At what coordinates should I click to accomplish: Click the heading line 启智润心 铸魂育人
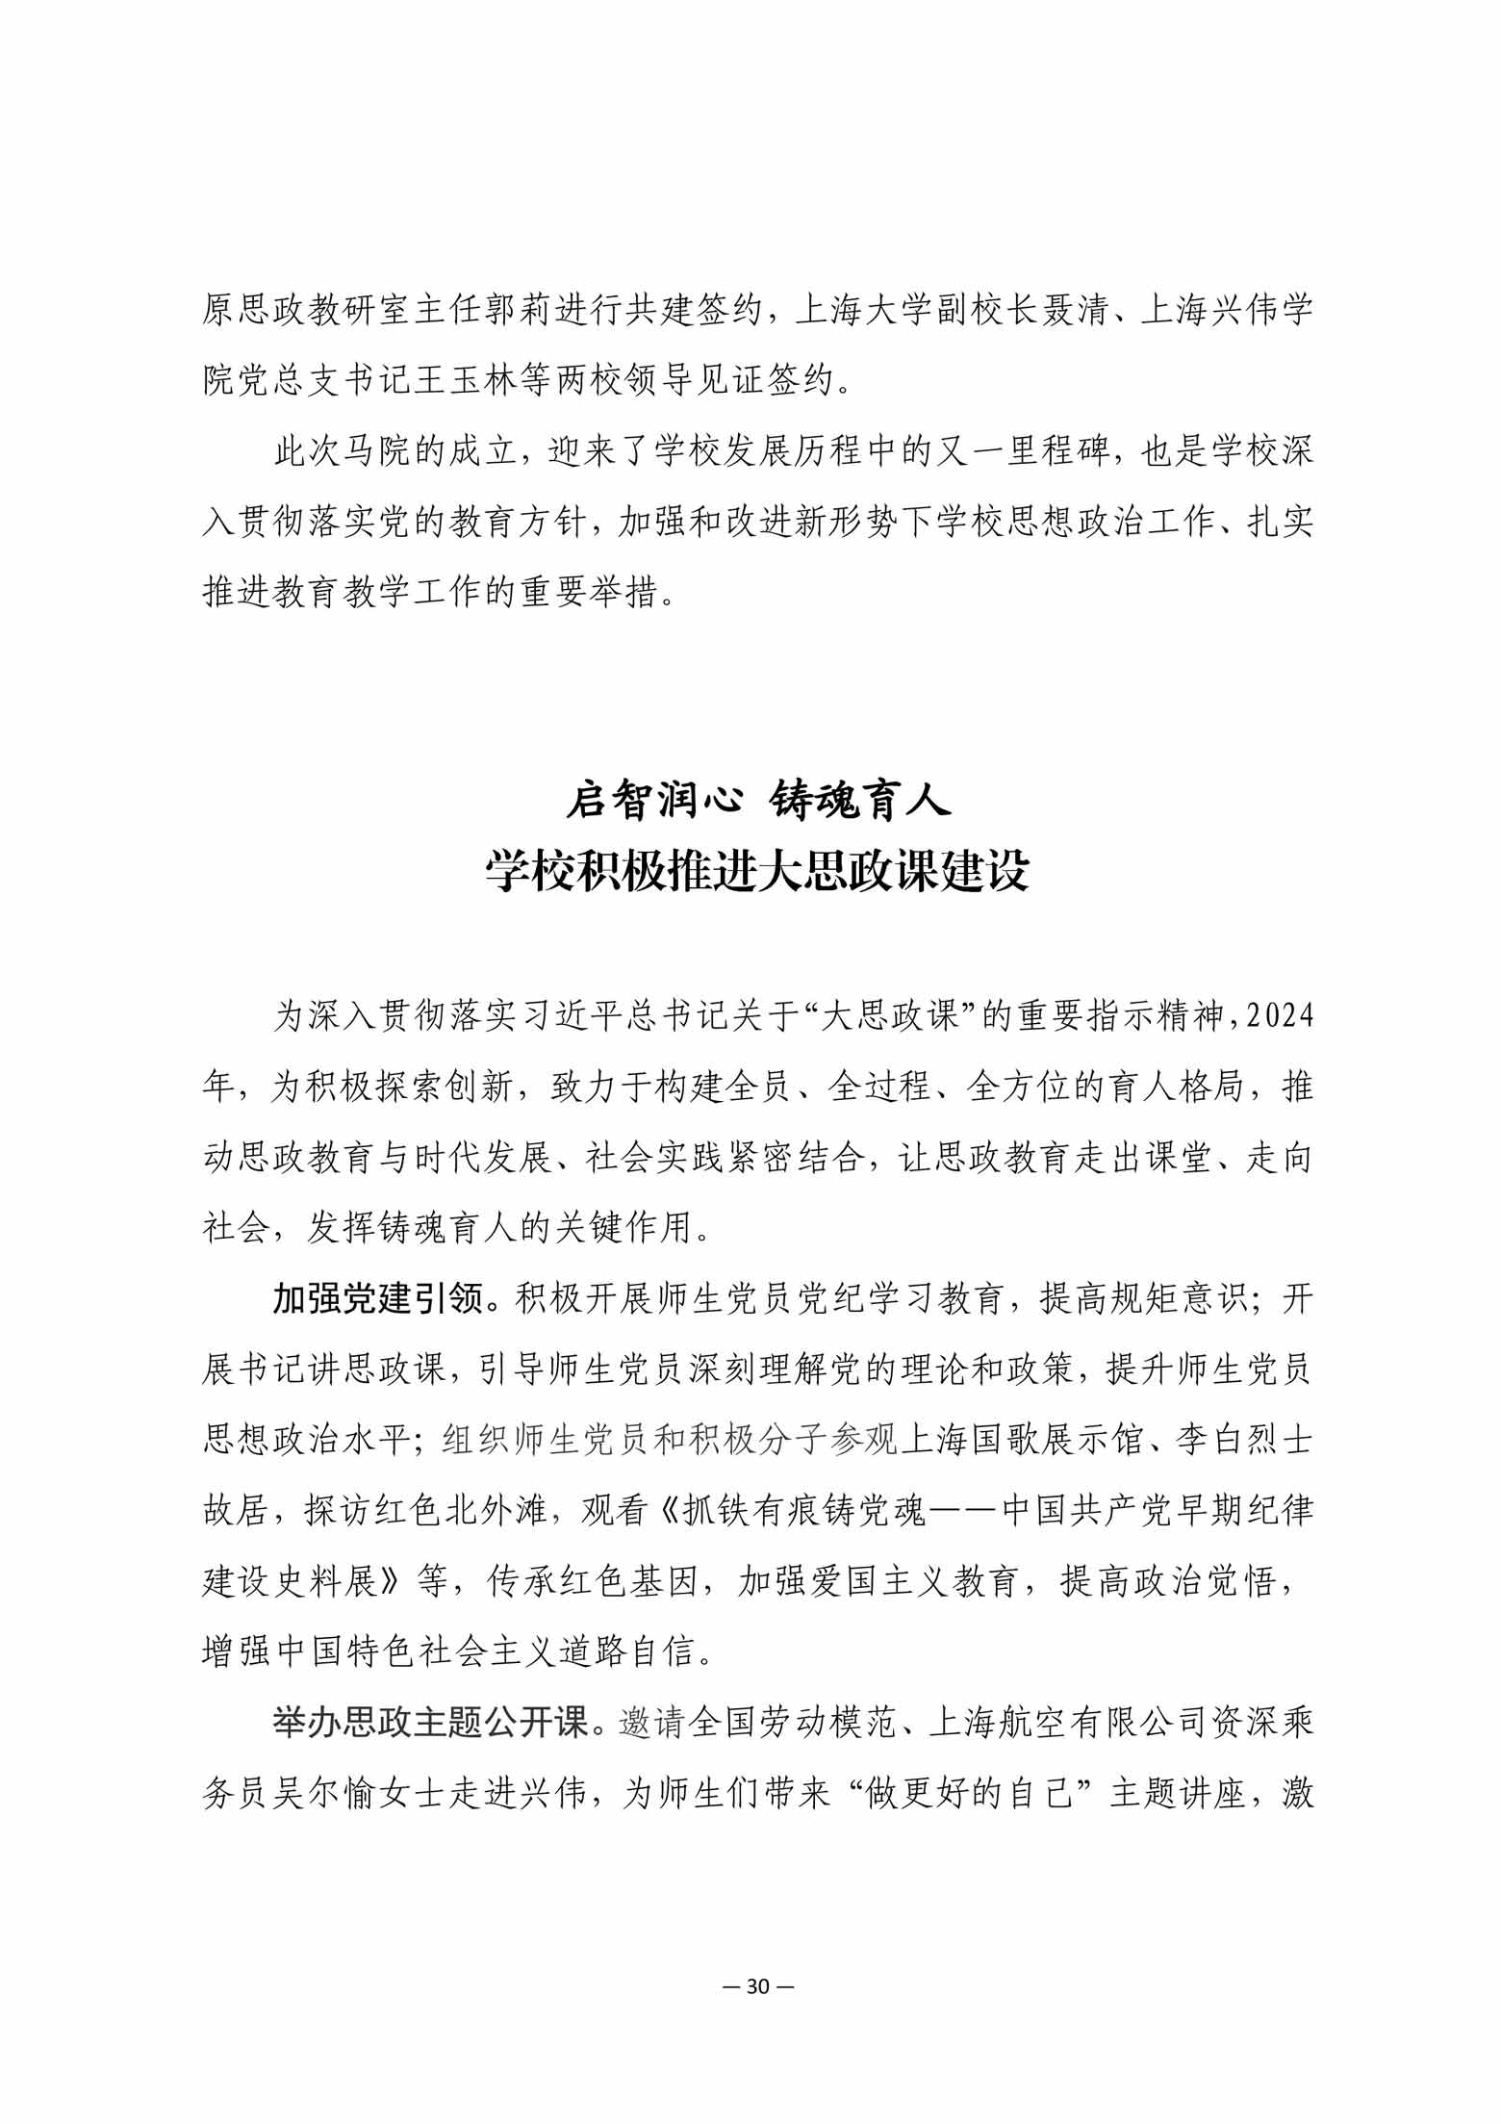tap(758, 801)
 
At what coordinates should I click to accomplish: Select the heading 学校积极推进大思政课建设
tap(758, 872)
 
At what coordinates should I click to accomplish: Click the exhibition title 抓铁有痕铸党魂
tap(805, 1512)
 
